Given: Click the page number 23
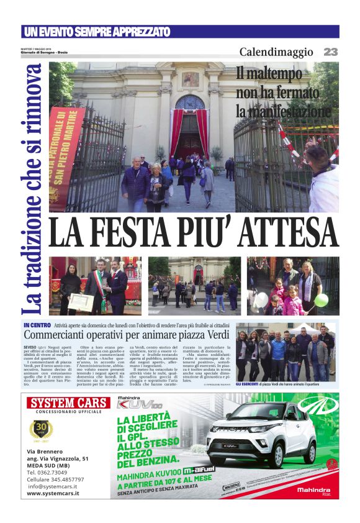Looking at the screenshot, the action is pos(331,53).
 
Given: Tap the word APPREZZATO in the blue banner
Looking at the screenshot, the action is pos(135,32).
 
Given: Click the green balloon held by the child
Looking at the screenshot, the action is pos(321,300).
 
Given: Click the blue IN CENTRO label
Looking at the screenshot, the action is pos(37,325).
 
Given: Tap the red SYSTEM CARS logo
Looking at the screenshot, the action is pos(69,402).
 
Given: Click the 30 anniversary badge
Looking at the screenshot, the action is pos(42,430).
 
